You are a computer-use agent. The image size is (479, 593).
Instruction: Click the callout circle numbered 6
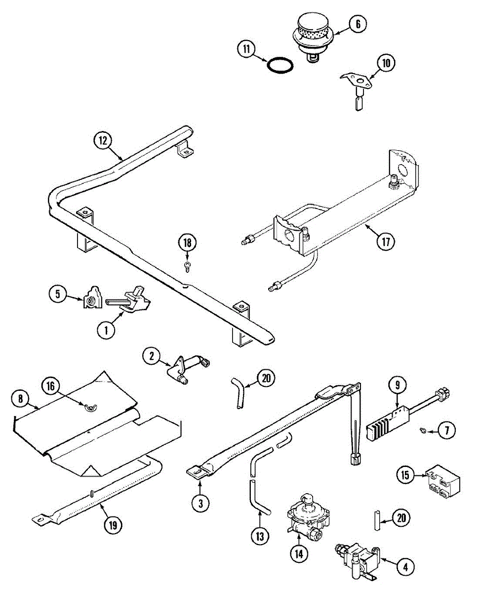pos(358,24)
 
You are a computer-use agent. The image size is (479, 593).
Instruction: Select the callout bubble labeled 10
pos(386,63)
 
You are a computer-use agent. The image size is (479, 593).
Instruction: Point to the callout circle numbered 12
pos(103,140)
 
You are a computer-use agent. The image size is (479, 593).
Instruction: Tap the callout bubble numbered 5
pos(58,295)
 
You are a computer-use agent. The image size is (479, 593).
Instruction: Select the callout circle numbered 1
pos(106,330)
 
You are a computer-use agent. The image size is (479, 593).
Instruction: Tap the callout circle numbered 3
pos(200,503)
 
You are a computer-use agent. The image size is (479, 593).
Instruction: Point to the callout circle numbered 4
pos(405,567)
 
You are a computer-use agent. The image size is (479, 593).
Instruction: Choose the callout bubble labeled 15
pos(405,475)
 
